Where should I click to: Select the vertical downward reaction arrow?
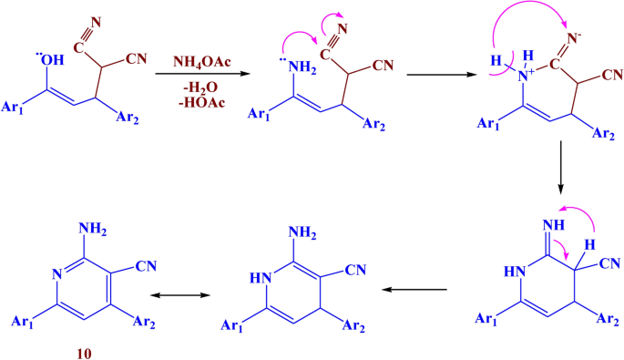(x=561, y=172)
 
